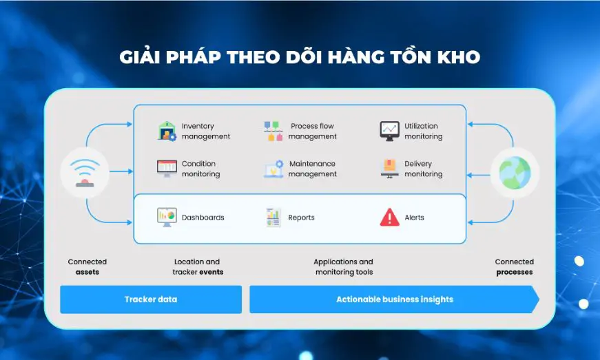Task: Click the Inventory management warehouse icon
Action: click(x=167, y=131)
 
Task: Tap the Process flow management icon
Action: click(x=273, y=131)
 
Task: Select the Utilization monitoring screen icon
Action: click(x=389, y=131)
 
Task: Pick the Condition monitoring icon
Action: click(x=167, y=169)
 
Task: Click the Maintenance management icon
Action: click(x=273, y=169)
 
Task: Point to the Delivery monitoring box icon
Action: click(x=389, y=169)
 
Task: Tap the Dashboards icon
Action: click(x=167, y=217)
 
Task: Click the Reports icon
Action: click(x=273, y=217)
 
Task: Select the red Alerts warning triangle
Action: click(x=389, y=217)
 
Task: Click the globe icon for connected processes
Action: click(x=515, y=173)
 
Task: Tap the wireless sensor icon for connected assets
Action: click(x=85, y=173)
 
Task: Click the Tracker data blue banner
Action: click(x=151, y=299)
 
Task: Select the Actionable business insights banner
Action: click(x=395, y=299)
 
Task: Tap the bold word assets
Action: click(x=87, y=272)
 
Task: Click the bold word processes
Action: click(x=515, y=272)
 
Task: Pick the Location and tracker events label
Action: click(x=198, y=267)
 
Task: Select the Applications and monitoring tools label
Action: click(x=344, y=267)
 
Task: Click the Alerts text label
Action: click(x=415, y=218)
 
